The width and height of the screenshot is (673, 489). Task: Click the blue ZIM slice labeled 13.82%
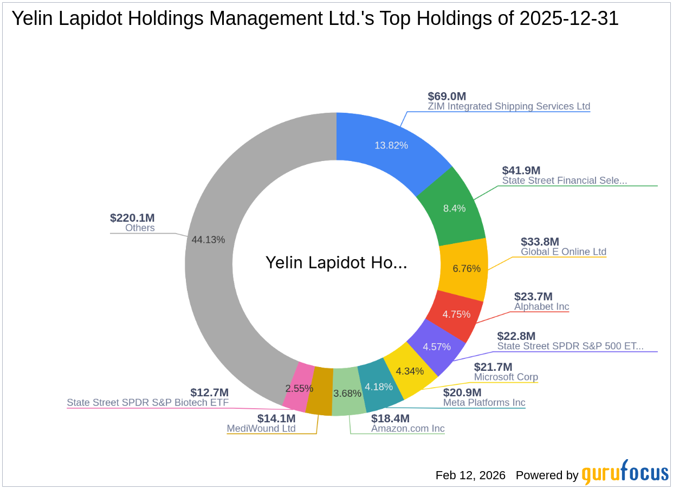(391, 145)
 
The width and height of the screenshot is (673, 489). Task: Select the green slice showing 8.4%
(454, 208)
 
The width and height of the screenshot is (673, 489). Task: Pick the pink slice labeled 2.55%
(299, 388)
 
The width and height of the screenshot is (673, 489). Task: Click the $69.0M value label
(447, 96)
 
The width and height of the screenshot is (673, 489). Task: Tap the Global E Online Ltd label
(564, 252)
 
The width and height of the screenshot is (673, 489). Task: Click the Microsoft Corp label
(506, 377)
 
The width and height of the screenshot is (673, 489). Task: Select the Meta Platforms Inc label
(484, 402)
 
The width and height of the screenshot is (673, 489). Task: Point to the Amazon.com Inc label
(408, 428)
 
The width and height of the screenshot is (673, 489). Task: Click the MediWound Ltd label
(261, 428)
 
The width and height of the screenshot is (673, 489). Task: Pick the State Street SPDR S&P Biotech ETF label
(147, 402)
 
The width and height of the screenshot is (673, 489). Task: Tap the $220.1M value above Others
(132, 218)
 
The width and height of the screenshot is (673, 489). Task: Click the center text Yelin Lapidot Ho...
(336, 263)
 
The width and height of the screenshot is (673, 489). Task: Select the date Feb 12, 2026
(470, 475)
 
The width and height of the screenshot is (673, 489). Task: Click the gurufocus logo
(625, 473)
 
